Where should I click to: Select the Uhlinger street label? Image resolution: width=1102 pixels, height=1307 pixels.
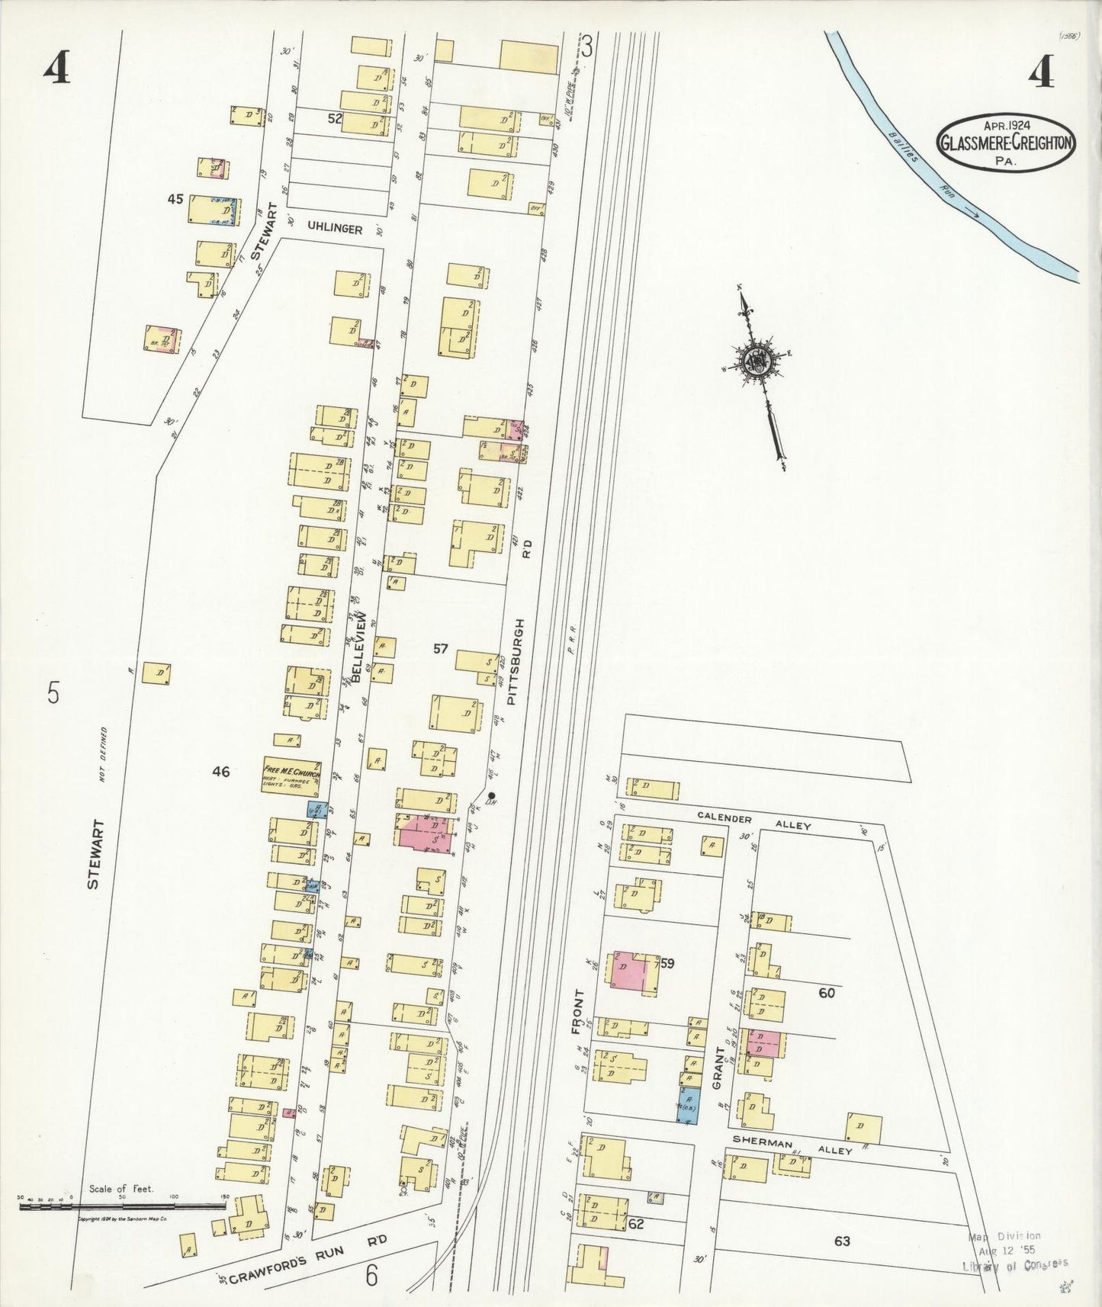[x=335, y=228]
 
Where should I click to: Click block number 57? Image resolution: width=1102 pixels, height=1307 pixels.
[x=441, y=649]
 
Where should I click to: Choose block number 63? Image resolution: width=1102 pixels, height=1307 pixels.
[x=841, y=1241]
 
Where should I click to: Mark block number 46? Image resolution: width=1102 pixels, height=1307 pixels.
[x=220, y=772]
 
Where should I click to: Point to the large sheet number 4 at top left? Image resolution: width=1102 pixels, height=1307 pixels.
[x=57, y=71]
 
